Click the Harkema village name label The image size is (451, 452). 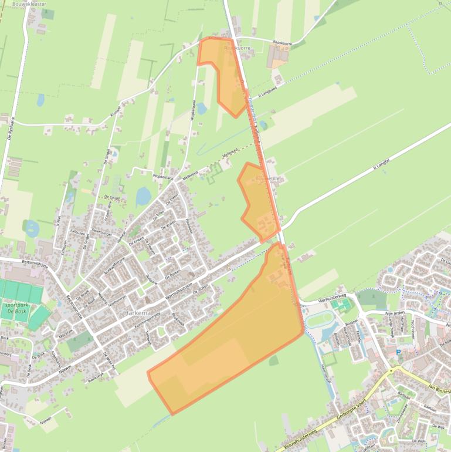point(138,313)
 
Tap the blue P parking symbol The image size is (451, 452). point(398,353)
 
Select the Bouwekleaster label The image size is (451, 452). point(29,4)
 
